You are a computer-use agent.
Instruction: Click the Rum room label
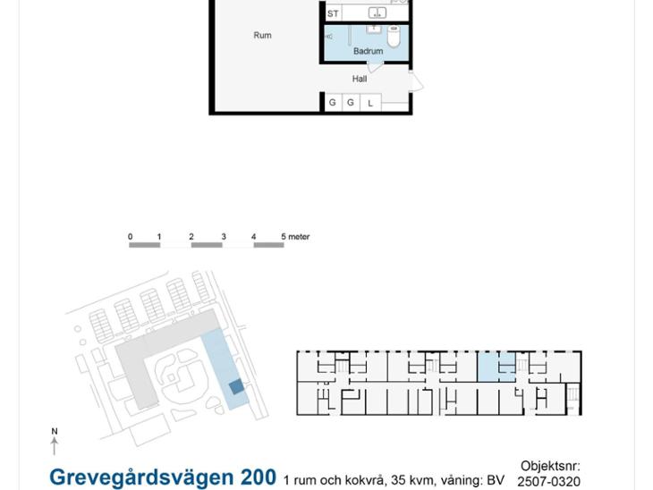coord(262,36)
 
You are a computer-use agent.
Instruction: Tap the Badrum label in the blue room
coord(369,51)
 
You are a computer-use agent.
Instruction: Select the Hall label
coord(360,79)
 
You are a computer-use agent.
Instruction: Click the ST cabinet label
coord(333,13)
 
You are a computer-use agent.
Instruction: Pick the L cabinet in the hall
coord(370,103)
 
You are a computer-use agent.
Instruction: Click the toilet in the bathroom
coord(394,37)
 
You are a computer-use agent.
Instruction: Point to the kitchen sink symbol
coord(377,13)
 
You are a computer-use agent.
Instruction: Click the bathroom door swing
coord(375,67)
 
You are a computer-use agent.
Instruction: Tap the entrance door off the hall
coord(416,81)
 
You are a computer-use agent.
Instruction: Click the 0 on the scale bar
coord(130,236)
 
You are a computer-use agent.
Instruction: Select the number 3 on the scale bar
coord(224,236)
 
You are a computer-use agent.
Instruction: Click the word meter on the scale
coord(299,236)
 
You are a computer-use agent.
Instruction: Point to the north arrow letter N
coord(55,431)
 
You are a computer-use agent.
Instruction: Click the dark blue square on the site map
coord(236,387)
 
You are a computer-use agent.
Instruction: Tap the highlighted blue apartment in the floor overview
coord(496,367)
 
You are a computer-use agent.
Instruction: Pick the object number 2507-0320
coord(549,482)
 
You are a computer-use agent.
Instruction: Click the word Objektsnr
coord(550,466)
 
